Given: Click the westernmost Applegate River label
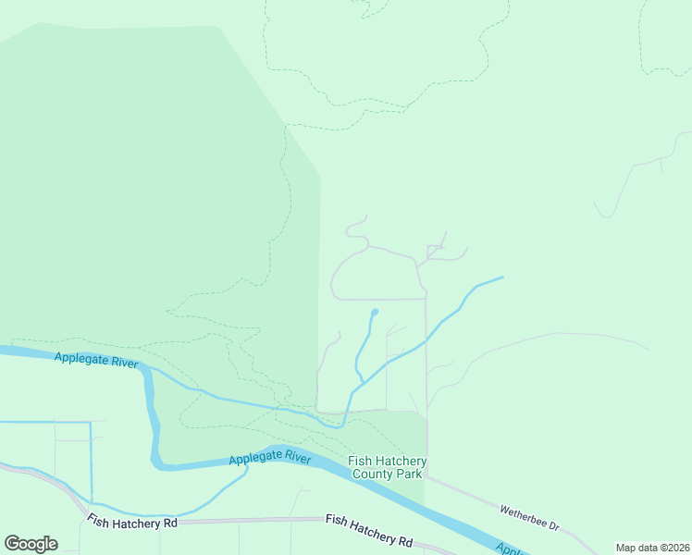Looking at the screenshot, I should pyautogui.click(x=96, y=359).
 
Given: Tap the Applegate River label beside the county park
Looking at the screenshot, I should pyautogui.click(x=269, y=458).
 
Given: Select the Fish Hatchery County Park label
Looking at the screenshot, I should pyautogui.click(x=385, y=467).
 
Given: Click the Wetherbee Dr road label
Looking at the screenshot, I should pyautogui.click(x=529, y=518).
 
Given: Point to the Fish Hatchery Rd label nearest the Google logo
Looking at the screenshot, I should pyautogui.click(x=132, y=522).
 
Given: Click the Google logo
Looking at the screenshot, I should pyautogui.click(x=31, y=544).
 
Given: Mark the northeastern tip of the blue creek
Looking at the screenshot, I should pyautogui.click(x=502, y=277).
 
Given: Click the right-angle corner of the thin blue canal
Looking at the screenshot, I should pyautogui.click(x=91, y=423).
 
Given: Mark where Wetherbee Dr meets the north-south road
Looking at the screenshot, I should pyautogui.click(x=426, y=476).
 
